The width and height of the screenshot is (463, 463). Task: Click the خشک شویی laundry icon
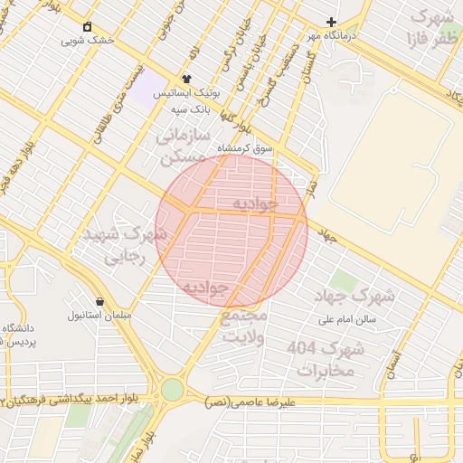pos(87,26)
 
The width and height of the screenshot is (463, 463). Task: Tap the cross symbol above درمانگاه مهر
pos(332,22)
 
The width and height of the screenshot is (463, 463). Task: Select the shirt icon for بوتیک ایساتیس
pos(187,80)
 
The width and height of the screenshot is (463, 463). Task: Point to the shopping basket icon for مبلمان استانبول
pos(99,301)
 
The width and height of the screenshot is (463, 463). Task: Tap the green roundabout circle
pos(172,390)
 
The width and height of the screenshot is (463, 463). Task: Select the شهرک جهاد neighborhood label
pos(355,296)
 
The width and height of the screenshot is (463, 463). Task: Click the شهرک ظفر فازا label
pos(431,27)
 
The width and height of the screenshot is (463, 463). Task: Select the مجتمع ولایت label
pos(244,327)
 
